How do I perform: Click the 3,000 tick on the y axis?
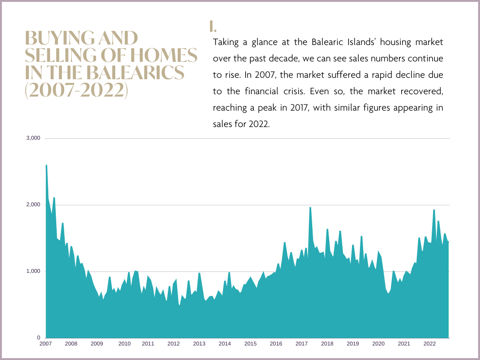(34, 138)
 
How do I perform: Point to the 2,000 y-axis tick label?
(34, 205)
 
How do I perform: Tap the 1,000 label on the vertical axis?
(34, 271)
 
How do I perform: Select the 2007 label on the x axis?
(45, 344)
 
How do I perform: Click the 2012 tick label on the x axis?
(173, 344)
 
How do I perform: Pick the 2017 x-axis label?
(301, 344)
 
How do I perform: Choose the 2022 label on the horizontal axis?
(429, 344)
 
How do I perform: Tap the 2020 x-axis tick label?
(378, 344)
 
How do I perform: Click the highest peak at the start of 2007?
(46, 165)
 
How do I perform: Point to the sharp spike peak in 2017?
(310, 208)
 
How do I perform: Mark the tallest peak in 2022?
(434, 210)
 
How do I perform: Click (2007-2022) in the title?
(76, 90)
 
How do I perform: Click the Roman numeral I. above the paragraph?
(213, 26)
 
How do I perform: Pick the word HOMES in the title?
(170, 56)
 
